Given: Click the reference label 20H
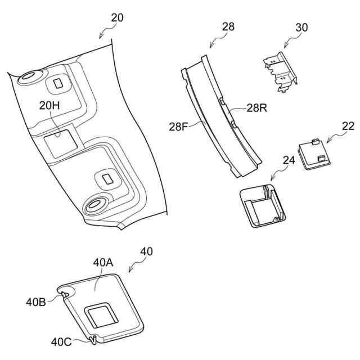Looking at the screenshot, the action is click(49, 105).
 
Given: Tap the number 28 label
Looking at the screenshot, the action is click(228, 26).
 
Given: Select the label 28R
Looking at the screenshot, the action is click(257, 108).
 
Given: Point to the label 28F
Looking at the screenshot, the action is click(178, 127).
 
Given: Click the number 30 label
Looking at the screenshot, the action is click(301, 28).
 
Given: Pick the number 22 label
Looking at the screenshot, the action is click(348, 126).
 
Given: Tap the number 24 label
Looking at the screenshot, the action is click(289, 160).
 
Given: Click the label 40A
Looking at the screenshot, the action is click(103, 263).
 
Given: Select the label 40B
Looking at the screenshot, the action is click(36, 302).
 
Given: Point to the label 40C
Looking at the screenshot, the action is click(61, 342).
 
